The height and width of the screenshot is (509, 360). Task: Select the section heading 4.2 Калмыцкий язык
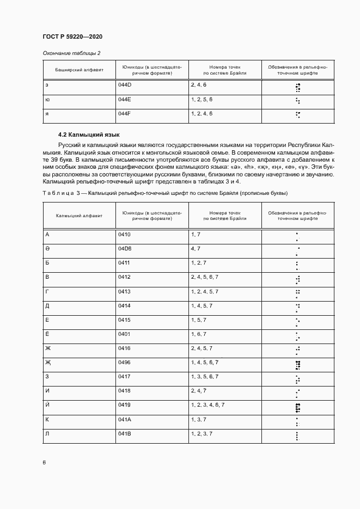pos(89,134)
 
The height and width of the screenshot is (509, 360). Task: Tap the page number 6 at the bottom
pos(44,462)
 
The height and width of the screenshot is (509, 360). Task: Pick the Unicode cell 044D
pos(125,85)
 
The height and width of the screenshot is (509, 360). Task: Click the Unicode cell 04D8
pos(125,249)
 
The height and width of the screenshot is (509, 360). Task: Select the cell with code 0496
pos(125,362)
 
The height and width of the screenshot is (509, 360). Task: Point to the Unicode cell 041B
pos(125,433)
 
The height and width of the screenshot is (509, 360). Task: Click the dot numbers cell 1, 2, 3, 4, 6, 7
pos(208,404)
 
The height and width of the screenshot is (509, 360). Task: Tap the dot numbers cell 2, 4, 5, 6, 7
pos(205,277)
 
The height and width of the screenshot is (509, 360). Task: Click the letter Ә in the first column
pos(47,249)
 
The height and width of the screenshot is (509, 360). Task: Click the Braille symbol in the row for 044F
pos(297,114)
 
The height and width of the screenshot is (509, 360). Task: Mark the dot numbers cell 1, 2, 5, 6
pos(202,100)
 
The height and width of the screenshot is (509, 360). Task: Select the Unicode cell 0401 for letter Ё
pos(125,334)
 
